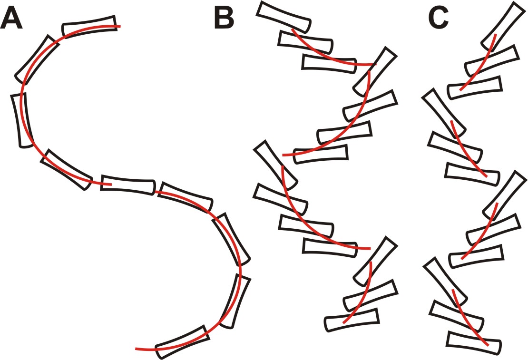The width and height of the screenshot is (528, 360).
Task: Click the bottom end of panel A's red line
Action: [137, 350]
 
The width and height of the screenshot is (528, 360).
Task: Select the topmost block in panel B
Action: [284, 17]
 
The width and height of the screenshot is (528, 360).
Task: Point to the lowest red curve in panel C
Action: [469, 319]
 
